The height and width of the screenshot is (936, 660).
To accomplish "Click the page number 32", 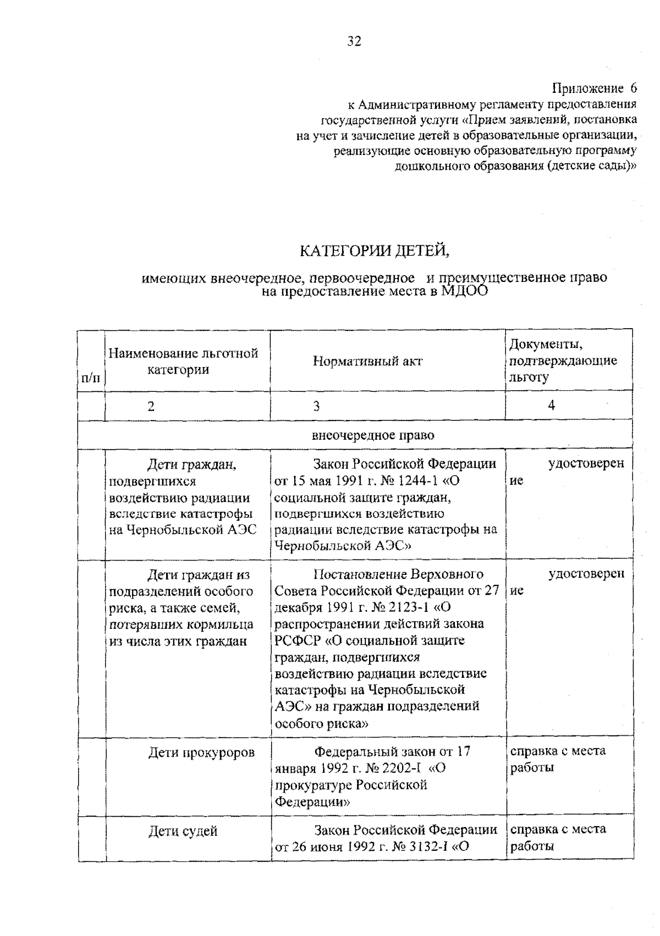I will pyautogui.click(x=354, y=41).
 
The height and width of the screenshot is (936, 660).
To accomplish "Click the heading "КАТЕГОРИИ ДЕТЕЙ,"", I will pyautogui.click(x=375, y=251).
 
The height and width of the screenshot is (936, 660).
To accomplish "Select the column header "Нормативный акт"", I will pyautogui.click(x=367, y=361).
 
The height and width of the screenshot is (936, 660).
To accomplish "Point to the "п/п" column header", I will pyautogui.click(x=91, y=378).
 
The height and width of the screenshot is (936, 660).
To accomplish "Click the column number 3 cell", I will pyautogui.click(x=316, y=406).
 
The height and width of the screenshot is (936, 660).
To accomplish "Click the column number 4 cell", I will pyautogui.click(x=551, y=406).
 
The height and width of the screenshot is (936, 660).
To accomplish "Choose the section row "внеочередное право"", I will pyautogui.click(x=373, y=436).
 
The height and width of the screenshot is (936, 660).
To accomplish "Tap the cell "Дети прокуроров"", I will pyautogui.click(x=201, y=752).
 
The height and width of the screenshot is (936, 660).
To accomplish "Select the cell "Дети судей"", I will pyautogui.click(x=183, y=831).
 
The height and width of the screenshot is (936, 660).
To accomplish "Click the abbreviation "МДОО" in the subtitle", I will pyautogui.click(x=464, y=291).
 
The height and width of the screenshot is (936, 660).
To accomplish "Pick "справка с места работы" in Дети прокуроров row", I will pyautogui.click(x=557, y=759).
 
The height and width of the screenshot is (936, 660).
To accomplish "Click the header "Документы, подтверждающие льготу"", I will pyautogui.click(x=562, y=361).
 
